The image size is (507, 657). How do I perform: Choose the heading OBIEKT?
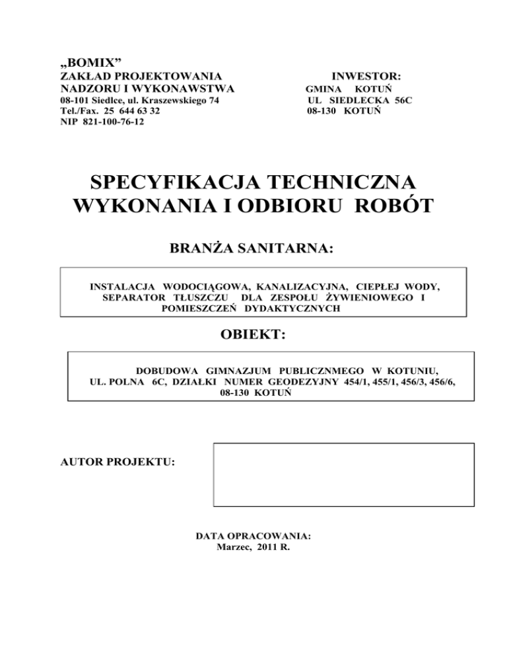(x=252, y=336)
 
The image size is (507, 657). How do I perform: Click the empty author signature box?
(x=343, y=475)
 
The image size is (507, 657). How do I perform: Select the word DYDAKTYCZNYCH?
(x=292, y=309)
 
